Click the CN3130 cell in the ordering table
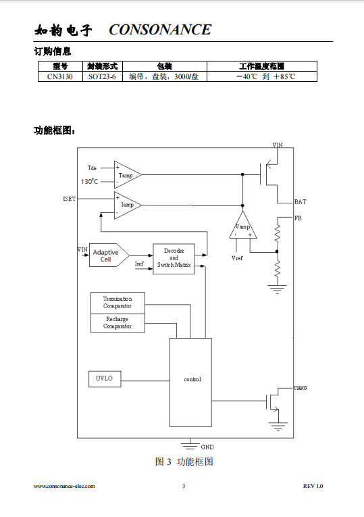click(60, 76)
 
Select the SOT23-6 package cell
click(102, 76)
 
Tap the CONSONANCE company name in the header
click(160, 30)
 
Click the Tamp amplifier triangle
click(128, 175)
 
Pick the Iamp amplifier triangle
click(128, 205)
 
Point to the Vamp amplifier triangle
click(242, 225)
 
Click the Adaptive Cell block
click(109, 255)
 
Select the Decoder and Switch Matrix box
click(174, 259)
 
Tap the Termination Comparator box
click(118, 303)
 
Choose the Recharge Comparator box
click(118, 323)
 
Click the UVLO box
click(105, 379)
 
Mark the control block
click(190, 383)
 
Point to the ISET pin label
click(69, 199)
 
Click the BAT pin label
click(300, 202)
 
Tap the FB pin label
click(298, 218)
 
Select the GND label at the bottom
click(207, 447)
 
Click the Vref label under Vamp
click(237, 258)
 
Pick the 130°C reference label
click(89, 181)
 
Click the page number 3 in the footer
click(184, 486)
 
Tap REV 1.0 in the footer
click(313, 486)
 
